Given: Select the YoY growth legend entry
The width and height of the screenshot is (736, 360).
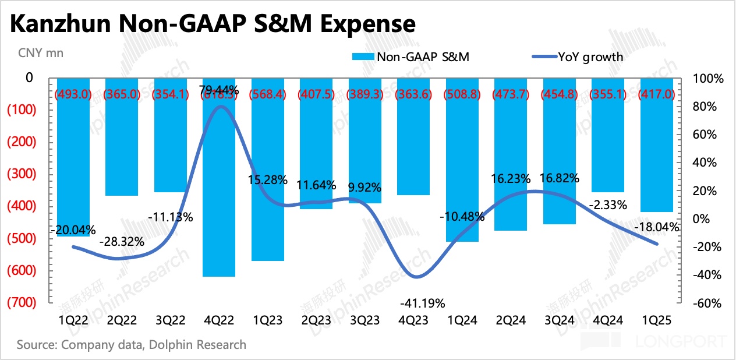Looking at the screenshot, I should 578,57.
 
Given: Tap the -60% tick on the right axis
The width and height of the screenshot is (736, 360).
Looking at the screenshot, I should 706,303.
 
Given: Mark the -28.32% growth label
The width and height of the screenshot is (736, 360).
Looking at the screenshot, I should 122,241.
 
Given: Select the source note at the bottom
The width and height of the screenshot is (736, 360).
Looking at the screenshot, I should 131,345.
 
